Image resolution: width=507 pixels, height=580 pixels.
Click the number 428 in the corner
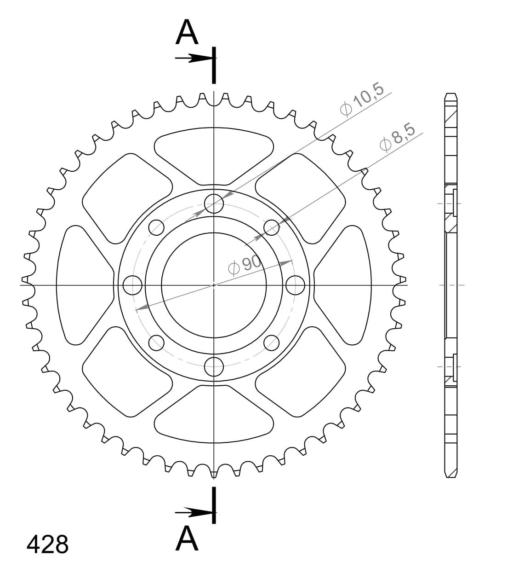click(x=47, y=545)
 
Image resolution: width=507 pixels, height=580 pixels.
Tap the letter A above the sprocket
click(x=187, y=33)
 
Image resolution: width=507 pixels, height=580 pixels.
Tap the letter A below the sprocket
click(x=187, y=539)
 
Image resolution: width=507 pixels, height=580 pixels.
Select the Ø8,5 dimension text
click(x=397, y=137)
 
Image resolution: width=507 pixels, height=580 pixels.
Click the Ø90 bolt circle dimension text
click(x=245, y=265)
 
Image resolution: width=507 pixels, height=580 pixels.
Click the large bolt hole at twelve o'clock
click(x=214, y=203)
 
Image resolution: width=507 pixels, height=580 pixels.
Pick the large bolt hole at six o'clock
click(x=214, y=366)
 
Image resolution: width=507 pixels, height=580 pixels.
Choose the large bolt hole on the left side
click(x=133, y=285)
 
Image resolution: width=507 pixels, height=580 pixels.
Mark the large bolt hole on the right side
click(x=295, y=285)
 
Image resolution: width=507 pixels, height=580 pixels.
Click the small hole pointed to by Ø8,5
click(x=272, y=227)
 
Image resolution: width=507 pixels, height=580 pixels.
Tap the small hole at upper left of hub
click(x=156, y=227)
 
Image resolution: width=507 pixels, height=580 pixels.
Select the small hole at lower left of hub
click(x=156, y=342)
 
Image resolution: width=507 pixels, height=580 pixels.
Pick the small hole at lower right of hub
click(x=272, y=342)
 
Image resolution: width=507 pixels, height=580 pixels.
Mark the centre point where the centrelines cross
click(x=214, y=285)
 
